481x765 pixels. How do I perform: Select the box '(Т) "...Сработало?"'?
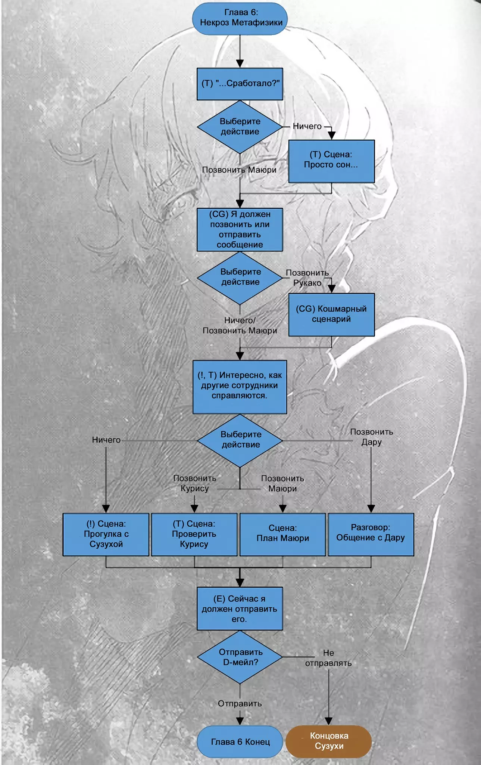[x=240, y=84]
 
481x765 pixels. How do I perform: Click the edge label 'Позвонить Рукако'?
[x=307, y=278]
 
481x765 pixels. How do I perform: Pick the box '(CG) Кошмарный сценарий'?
[x=331, y=314]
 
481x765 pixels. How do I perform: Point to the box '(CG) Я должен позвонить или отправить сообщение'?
[x=240, y=229]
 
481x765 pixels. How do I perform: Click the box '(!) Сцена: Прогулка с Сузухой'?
[x=106, y=534]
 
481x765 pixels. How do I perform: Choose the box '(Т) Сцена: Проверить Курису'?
[x=194, y=534]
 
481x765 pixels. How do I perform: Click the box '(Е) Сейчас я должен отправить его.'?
[x=240, y=608]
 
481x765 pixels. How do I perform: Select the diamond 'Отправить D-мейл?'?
[x=240, y=657]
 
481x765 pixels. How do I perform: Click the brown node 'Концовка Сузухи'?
[x=329, y=741]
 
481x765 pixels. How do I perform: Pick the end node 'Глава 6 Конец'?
[x=240, y=742]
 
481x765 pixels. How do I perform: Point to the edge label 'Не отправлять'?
[x=328, y=658]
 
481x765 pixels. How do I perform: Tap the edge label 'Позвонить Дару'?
[x=371, y=437]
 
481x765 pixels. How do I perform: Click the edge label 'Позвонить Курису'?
[x=194, y=483]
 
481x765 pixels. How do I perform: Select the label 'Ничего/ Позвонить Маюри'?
[x=240, y=325]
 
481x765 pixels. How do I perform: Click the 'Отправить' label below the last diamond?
[x=240, y=703]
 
